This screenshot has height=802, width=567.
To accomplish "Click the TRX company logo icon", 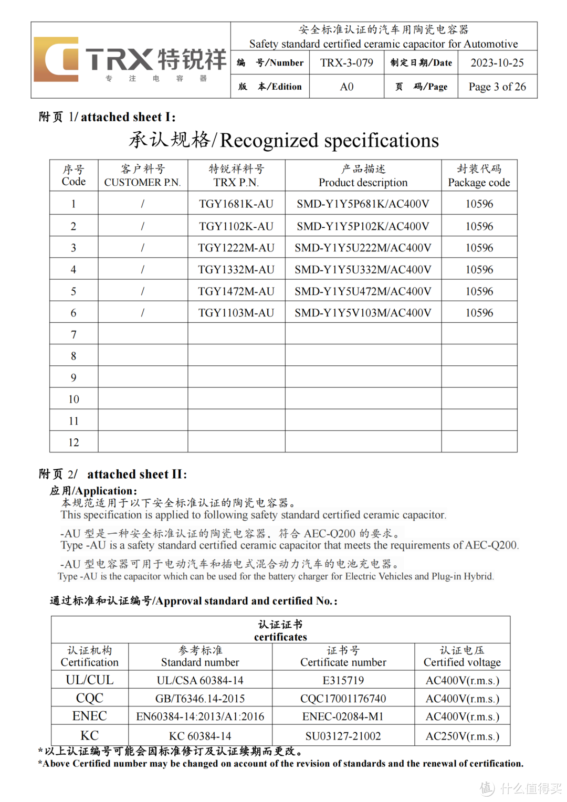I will [56, 59].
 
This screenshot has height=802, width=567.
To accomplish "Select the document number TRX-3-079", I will [346, 63].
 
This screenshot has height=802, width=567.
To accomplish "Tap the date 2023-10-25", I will [497, 63].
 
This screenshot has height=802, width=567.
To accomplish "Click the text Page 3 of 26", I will [497, 87].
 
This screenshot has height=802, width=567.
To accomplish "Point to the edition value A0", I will [346, 87].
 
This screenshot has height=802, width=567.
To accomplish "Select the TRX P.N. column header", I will [236, 176].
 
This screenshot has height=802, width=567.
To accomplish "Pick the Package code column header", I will [479, 176].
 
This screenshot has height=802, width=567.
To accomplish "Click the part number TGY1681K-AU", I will [236, 204].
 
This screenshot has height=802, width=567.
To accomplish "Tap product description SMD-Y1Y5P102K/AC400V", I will [363, 227].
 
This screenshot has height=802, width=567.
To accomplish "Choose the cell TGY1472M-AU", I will [236, 291].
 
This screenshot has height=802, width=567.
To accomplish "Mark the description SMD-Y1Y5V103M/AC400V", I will [363, 313].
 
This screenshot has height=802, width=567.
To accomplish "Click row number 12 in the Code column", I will [73, 442].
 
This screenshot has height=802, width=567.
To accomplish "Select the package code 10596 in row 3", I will [479, 248].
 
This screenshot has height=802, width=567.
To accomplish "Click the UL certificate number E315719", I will [343, 681].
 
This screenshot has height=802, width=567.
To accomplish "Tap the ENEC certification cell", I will [90, 716].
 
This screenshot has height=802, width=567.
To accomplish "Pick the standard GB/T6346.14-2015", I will [200, 699].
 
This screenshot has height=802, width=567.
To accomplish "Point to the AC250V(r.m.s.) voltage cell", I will [462, 736].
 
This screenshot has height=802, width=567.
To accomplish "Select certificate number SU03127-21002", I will [343, 736].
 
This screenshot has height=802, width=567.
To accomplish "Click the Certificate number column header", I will [343, 657].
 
